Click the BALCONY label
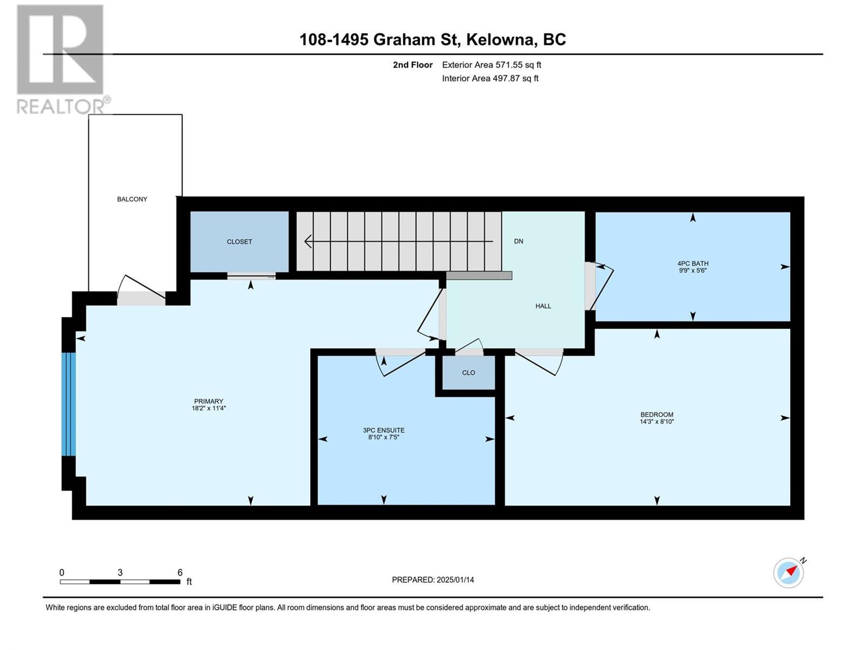tap(132, 199)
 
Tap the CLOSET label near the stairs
tap(239, 242)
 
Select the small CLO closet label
tap(468, 373)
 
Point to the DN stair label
tap(519, 241)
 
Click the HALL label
tap(543, 306)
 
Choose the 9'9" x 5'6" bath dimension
tap(693, 271)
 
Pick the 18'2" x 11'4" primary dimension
tap(209, 408)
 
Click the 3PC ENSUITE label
tap(384, 430)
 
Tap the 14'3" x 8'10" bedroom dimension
tap(657, 421)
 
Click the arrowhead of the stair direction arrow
tap(308, 241)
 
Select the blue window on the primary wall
tap(69, 404)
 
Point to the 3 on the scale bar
tap(120, 572)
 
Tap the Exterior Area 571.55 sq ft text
tap(491, 64)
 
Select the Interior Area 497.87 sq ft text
tap(490, 78)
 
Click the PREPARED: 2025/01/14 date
tap(433, 580)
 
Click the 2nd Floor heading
tap(412, 64)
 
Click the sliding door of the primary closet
tap(251, 277)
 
